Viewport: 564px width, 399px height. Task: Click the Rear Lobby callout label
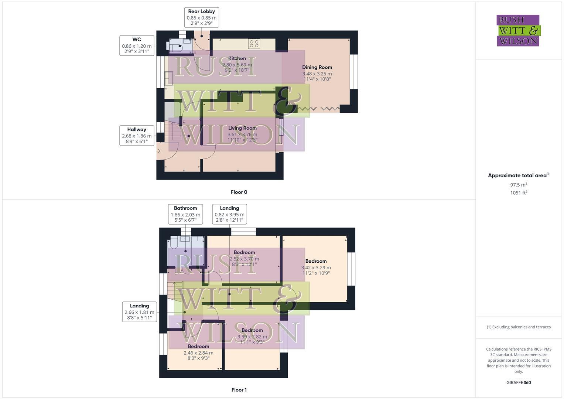click(x=201, y=17)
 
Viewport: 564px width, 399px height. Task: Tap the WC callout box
click(x=137, y=45)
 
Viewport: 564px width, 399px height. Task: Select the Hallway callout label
click(x=137, y=135)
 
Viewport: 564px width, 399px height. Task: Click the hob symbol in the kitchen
click(x=254, y=44)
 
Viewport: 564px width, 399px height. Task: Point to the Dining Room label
click(x=317, y=67)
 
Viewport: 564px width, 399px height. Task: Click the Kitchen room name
click(x=237, y=58)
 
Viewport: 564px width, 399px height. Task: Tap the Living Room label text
click(x=242, y=128)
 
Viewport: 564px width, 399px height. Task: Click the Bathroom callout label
click(x=185, y=214)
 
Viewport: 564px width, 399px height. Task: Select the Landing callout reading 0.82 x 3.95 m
click(x=229, y=214)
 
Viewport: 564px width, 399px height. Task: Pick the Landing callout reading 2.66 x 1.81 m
click(x=139, y=312)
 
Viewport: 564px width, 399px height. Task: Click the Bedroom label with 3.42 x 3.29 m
click(x=316, y=261)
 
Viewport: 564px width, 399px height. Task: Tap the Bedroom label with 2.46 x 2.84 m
click(x=198, y=347)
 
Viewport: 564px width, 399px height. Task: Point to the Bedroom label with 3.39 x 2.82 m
click(x=252, y=330)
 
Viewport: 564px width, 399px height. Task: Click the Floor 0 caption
click(x=239, y=192)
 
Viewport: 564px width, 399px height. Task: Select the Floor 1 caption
click(x=239, y=390)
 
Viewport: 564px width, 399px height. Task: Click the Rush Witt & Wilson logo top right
click(x=518, y=31)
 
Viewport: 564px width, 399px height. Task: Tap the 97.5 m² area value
click(x=519, y=185)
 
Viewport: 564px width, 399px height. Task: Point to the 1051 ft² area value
click(x=519, y=192)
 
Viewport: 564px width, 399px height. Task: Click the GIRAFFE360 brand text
click(x=519, y=382)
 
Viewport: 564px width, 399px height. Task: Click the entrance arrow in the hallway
click(x=158, y=151)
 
